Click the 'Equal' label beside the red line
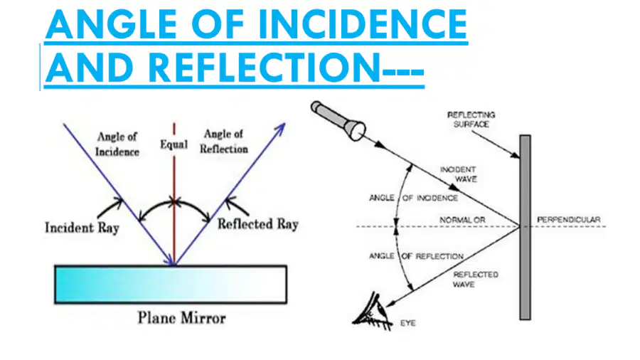(174, 144)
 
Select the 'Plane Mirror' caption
(181, 318)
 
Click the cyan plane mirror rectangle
(171, 285)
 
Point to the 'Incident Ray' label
(82, 228)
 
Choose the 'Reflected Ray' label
(258, 224)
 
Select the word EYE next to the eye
(407, 323)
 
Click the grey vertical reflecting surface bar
(525, 228)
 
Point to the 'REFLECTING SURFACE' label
(471, 120)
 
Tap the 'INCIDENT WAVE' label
(459, 174)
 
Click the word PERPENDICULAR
(569, 220)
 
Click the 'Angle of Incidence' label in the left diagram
(117, 144)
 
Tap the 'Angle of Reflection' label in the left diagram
(224, 142)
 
